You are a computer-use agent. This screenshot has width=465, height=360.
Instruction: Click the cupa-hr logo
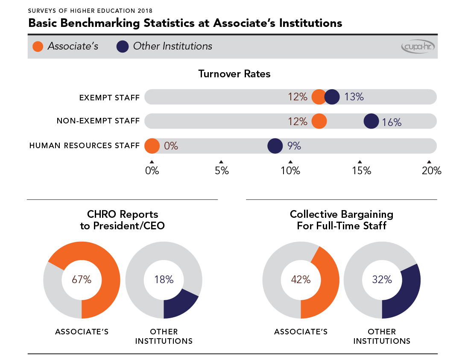pos(418,47)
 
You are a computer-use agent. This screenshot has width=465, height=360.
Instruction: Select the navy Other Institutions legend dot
pos(123,46)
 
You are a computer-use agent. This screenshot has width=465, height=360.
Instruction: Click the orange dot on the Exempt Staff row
pos(319,97)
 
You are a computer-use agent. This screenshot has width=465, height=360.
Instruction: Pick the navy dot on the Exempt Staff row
pos(332,97)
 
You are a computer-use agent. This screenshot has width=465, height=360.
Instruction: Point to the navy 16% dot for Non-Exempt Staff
pos(371,121)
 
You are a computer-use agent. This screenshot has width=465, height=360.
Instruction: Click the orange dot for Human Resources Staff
pos(152,146)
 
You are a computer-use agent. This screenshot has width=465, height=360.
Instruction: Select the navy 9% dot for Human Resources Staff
pos(275,146)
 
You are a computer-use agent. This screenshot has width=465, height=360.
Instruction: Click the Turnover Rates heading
pos(234,74)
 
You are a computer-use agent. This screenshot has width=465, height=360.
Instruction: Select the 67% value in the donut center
pos(82,280)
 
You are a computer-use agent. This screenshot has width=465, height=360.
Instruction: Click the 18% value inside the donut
pos(164,280)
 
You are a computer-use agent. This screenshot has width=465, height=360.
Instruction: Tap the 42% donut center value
pos(301,280)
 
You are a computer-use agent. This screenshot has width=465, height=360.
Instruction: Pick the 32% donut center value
pos(382,280)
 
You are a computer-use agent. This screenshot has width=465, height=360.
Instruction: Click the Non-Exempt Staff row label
pos(98,121)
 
